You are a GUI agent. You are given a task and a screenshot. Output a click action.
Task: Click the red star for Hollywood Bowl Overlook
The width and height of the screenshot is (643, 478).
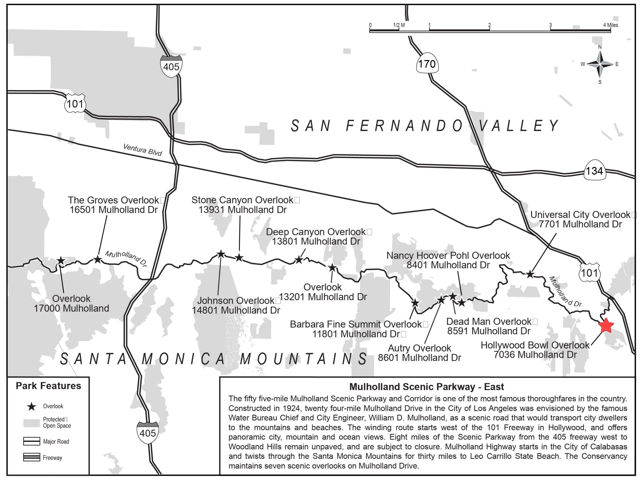[x=606, y=326]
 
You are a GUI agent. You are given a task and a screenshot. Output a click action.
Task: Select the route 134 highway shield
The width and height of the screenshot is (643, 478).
[x=594, y=170]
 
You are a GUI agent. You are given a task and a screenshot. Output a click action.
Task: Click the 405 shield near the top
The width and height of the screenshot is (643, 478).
[x=171, y=66]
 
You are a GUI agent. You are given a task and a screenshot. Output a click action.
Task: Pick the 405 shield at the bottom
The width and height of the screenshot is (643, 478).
[x=148, y=433]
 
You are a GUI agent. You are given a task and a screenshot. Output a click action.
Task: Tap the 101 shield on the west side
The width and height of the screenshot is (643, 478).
[x=75, y=103]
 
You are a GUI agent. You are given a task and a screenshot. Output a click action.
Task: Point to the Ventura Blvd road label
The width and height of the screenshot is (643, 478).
[x=142, y=150]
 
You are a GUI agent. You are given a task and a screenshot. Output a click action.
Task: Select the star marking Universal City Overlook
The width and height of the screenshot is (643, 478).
[x=530, y=274]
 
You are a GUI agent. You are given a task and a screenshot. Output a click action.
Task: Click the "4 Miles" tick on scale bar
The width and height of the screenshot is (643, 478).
[x=610, y=25]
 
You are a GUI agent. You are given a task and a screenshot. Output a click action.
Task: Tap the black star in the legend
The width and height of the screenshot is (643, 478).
[x=32, y=407]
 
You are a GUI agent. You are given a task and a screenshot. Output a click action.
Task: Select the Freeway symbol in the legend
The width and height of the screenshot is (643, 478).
[x=32, y=457]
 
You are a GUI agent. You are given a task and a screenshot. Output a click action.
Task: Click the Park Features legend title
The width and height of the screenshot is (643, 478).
[x=48, y=386]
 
